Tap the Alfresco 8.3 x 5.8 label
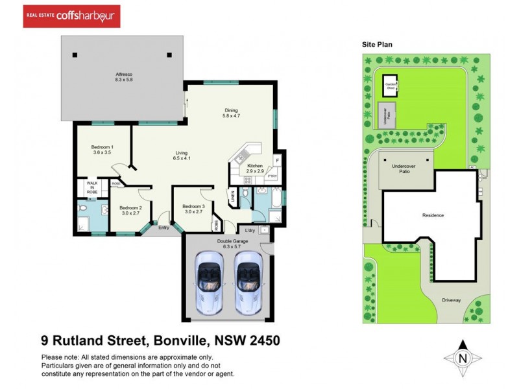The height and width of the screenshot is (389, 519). pos(124,77)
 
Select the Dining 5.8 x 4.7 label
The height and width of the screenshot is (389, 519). pos(232,113)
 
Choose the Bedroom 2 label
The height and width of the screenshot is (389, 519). pos(130,209)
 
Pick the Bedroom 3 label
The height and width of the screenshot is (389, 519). pos(194,209)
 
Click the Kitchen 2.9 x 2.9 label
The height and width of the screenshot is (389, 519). pos(254,169)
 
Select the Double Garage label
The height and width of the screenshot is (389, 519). pos(227,243)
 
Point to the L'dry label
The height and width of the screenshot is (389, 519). pos(250,230)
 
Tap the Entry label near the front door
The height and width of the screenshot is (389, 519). pos(163,228)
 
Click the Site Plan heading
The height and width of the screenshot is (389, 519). pos(378,45)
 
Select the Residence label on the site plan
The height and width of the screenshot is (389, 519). pos(433,215)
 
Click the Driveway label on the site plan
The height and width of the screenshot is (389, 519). pos(451,300)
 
